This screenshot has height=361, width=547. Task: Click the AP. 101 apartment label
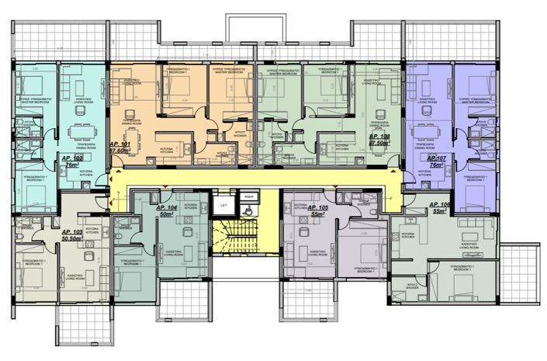pyautogui.click(x=120, y=145)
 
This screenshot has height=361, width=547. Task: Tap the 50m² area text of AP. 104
pyautogui.click(x=164, y=217)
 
